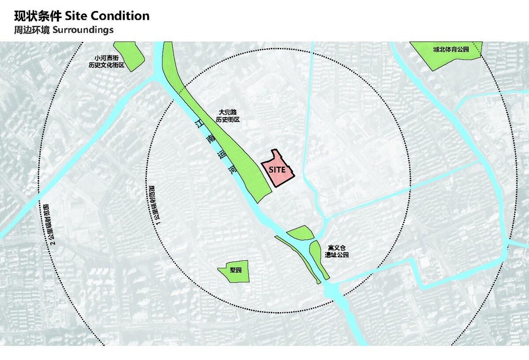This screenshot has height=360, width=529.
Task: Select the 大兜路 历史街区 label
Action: point(227,116)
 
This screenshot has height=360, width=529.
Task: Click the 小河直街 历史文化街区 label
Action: point(107,61)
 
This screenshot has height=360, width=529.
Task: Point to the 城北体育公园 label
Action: point(450,49)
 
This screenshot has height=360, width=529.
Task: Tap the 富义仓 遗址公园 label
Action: point(338,252)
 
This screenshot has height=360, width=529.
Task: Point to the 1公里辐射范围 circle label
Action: point(154,203)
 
